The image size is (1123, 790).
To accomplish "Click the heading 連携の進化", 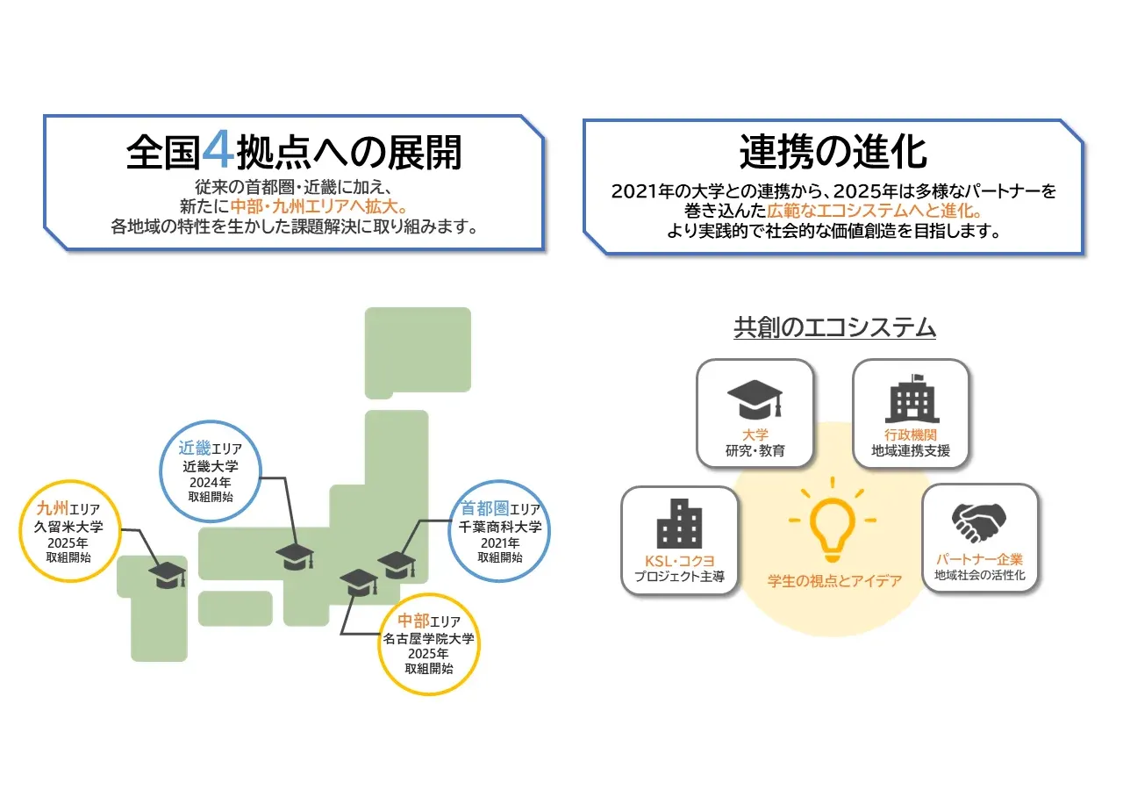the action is click(833, 151).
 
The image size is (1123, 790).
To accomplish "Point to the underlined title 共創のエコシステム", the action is click(834, 328).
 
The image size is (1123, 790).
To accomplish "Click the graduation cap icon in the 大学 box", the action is click(755, 400).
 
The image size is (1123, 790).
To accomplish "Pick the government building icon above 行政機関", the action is click(911, 399).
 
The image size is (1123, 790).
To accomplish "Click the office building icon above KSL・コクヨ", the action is click(679, 524).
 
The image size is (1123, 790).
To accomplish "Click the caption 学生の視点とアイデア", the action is click(834, 581).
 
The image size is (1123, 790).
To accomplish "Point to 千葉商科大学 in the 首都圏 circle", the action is click(500, 527).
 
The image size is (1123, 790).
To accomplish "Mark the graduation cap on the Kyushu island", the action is click(167, 575).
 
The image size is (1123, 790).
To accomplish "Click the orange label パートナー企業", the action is click(979, 559).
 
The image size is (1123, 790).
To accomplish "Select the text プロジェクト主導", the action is click(679, 577).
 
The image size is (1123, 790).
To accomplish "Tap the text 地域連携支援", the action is click(911, 451).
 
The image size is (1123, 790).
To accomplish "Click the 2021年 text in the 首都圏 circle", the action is click(499, 542).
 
